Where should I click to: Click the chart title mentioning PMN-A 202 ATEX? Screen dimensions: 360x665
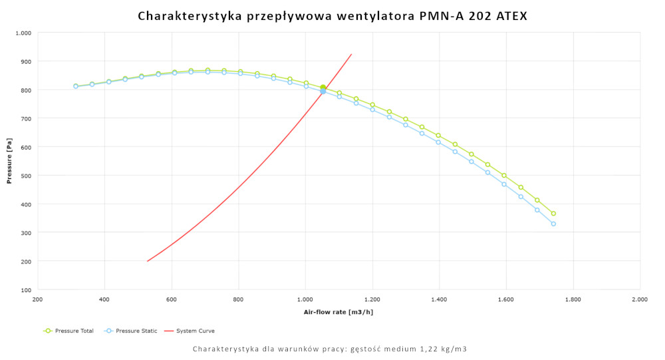pyautogui.click(x=332, y=15)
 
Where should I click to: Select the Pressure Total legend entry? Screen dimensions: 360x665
pyautogui.click(x=69, y=331)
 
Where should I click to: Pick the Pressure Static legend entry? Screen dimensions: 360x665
pyautogui.click(x=131, y=331)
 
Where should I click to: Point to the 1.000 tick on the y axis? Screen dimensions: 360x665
pyautogui.click(x=23, y=33)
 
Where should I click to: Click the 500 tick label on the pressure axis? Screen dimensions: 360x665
pyautogui.click(x=26, y=176)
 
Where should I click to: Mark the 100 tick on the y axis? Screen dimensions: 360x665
pyautogui.click(x=26, y=290)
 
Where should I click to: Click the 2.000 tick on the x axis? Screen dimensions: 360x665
pyautogui.click(x=640, y=299)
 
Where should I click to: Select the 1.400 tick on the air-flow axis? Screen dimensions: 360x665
pyautogui.click(x=439, y=299)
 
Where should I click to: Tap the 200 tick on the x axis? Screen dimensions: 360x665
pyautogui.click(x=38, y=299)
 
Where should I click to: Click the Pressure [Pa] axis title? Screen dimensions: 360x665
pyautogui.click(x=10, y=162)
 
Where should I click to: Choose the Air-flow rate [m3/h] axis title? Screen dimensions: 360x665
pyautogui.click(x=338, y=311)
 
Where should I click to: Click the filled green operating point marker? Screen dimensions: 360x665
pyautogui.click(x=323, y=88)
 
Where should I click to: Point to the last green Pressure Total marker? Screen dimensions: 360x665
pyautogui.click(x=553, y=214)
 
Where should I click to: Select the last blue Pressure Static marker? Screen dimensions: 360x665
pyautogui.click(x=553, y=224)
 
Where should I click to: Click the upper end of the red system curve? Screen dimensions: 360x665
pyautogui.click(x=351, y=54)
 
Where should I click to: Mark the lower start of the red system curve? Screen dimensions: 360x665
pyautogui.click(x=147, y=261)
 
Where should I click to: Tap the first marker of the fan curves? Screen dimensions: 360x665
pyautogui.click(x=76, y=86)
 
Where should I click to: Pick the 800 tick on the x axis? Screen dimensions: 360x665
pyautogui.click(x=238, y=299)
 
